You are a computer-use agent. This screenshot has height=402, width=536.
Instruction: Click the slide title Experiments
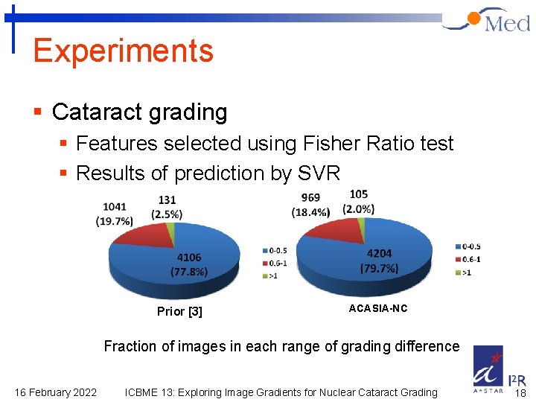tap(123, 51)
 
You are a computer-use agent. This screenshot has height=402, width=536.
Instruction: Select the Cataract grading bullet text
tap(139, 112)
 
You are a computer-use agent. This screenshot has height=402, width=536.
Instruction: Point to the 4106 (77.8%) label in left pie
tap(189, 264)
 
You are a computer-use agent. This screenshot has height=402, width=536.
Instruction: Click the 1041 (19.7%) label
tap(115, 213)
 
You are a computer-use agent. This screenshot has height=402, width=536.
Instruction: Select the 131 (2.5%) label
tap(167, 206)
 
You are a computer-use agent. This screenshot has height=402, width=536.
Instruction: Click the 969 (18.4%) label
tap(310, 205)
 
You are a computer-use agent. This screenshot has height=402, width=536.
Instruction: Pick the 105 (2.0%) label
tap(359, 202)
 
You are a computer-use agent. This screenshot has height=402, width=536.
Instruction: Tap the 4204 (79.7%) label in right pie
tap(379, 261)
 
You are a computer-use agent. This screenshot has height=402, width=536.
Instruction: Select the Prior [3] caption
tap(179, 311)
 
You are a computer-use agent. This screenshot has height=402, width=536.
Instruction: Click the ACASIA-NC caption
tap(378, 308)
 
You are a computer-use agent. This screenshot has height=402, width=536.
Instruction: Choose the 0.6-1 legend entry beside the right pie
tap(470, 259)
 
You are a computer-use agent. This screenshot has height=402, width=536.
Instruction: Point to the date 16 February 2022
tap(56, 392)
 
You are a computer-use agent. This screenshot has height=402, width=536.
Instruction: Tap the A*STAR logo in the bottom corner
tap(488, 369)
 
